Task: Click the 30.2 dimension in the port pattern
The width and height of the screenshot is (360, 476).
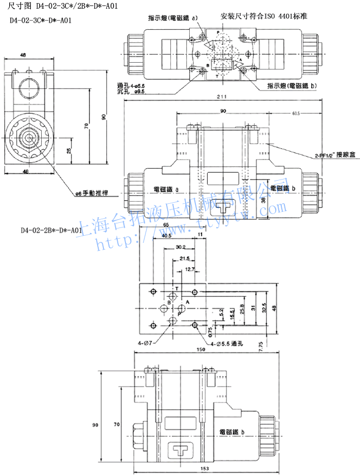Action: pyautogui.click(x=180, y=247)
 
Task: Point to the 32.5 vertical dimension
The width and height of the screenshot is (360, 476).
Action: pyautogui.click(x=264, y=308)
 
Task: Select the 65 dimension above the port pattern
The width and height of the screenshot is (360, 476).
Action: pyautogui.click(x=166, y=225)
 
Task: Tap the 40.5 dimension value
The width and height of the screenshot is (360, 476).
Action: pyautogui.click(x=166, y=236)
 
